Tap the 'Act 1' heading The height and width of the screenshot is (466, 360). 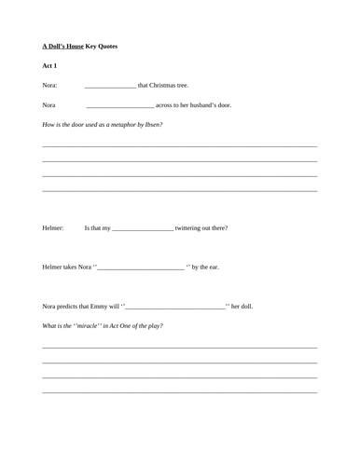click(x=49, y=66)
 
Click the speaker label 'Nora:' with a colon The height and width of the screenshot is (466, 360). click(x=49, y=86)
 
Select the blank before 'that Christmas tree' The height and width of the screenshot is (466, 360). click(x=110, y=87)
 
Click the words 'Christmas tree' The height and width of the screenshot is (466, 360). click(x=170, y=86)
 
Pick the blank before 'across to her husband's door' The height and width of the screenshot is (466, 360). click(x=119, y=106)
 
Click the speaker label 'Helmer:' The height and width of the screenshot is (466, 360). click(x=53, y=227)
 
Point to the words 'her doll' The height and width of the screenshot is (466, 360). click(x=242, y=306)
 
